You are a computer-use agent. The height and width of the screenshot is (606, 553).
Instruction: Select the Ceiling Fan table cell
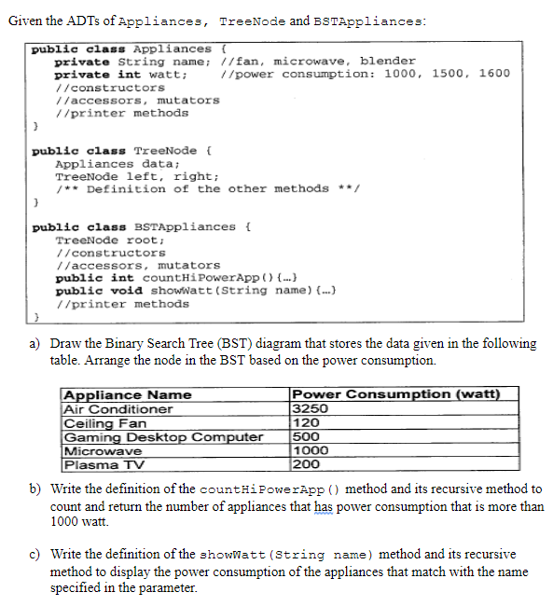point(104,422)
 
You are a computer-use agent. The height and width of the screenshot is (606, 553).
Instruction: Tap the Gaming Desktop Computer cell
point(163,436)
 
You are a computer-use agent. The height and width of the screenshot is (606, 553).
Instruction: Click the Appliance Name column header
point(127,394)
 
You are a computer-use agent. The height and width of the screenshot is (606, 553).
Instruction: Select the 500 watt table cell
point(304,436)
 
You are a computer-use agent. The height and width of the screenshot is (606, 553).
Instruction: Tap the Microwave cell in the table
point(102,450)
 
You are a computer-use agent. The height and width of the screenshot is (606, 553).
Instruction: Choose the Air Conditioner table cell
point(118,408)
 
